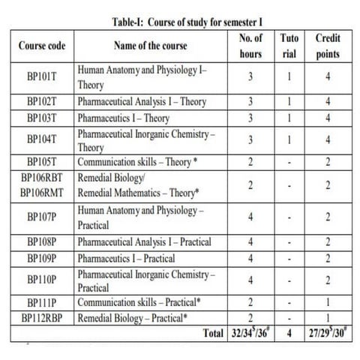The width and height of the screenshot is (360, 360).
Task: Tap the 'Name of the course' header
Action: pyautogui.click(x=147, y=46)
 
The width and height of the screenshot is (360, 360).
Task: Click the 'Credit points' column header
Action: pyautogui.click(x=328, y=46)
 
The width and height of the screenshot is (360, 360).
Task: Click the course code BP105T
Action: pyautogui.click(x=42, y=160)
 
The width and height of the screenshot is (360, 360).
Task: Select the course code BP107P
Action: pyautogui.click(x=42, y=217)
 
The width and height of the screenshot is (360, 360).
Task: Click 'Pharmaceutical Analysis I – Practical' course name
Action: pyautogui.click(x=144, y=241)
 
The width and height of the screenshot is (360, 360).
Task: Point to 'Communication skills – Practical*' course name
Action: pyautogui.click(x=139, y=301)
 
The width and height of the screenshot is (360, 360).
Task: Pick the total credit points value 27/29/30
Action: pyautogui.click(x=328, y=331)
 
